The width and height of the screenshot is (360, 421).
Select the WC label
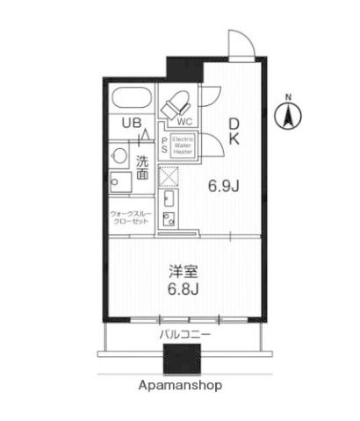[185, 122]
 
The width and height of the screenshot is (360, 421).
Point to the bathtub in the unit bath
[134, 97]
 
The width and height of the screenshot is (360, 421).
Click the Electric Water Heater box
[182, 145]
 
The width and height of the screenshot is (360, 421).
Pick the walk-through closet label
[132, 217]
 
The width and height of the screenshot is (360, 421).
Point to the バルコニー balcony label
[184, 335]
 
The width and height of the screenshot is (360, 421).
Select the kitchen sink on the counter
[169, 218]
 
